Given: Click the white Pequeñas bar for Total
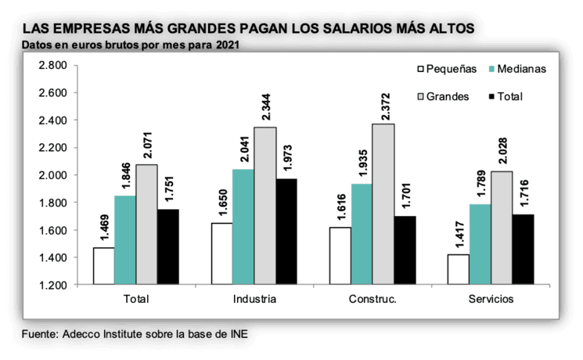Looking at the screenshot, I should pos(104,266).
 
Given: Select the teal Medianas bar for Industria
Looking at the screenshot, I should pos(243,227).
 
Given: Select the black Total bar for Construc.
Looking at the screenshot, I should pos(405,250).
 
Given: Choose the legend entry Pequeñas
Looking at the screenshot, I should pos(447,69).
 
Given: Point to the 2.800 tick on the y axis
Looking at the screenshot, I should pos(51,65).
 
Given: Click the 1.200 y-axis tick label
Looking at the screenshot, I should pos(51,285).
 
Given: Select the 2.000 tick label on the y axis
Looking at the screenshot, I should pos(51,175).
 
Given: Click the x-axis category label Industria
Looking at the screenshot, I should pos(254,300).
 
